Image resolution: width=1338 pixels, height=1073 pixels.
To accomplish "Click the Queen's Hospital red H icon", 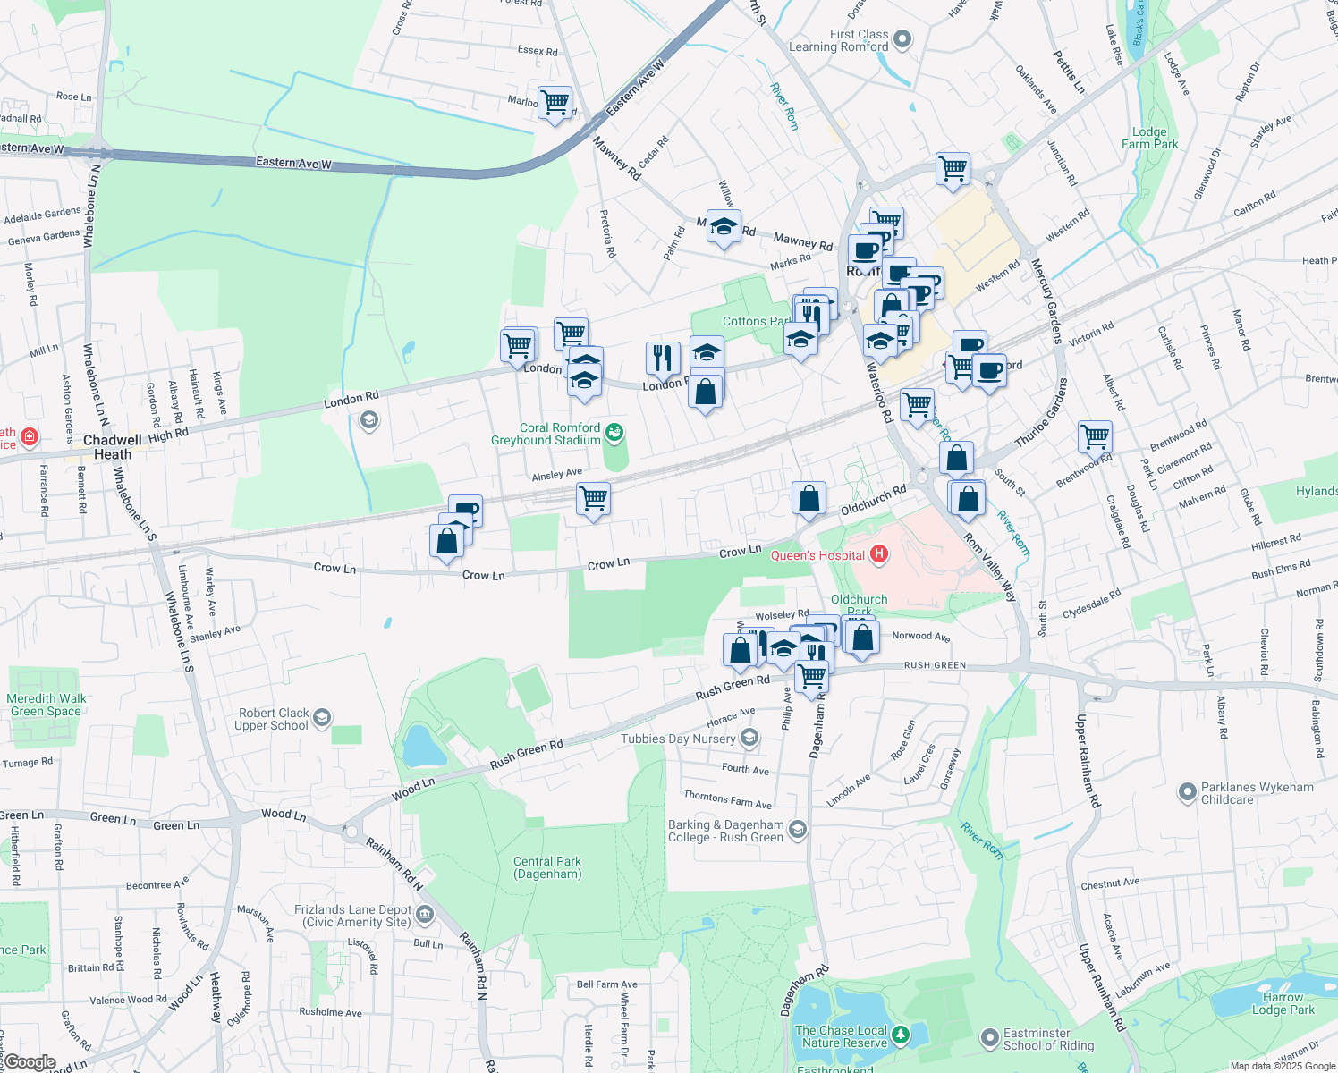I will pyautogui.click(x=879, y=554).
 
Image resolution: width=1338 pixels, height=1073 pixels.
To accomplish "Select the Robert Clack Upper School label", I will pyautogui.click(x=273, y=719).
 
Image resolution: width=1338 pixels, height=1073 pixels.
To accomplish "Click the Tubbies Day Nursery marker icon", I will pyautogui.click(x=749, y=738).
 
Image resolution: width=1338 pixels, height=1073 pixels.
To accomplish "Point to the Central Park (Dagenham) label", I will pyautogui.click(x=547, y=867).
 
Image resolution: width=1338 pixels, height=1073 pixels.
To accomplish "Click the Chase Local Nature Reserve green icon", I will pyautogui.click(x=901, y=1035).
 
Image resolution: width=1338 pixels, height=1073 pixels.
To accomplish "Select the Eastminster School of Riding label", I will pyautogui.click(x=1048, y=1039).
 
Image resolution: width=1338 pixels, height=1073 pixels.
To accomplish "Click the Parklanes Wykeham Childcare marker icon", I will pyautogui.click(x=1187, y=791).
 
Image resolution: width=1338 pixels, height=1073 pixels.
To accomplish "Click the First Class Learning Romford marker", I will pyautogui.click(x=902, y=38).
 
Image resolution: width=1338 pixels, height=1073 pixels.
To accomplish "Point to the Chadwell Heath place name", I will pyautogui.click(x=113, y=447).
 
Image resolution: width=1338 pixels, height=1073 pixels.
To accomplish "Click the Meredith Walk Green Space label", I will pyautogui.click(x=47, y=705).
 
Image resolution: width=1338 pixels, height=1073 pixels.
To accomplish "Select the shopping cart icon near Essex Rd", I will pyautogui.click(x=555, y=102).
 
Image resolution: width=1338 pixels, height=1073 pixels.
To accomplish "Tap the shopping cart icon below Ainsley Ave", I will pyautogui.click(x=594, y=498).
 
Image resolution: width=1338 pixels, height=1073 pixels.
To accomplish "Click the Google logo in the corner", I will pyautogui.click(x=30, y=1062).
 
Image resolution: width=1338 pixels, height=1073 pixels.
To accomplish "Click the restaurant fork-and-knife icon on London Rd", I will pyautogui.click(x=663, y=358).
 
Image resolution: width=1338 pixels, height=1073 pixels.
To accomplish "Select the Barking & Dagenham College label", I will pyautogui.click(x=726, y=831).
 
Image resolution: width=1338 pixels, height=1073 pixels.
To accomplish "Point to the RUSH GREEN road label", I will pyautogui.click(x=935, y=665).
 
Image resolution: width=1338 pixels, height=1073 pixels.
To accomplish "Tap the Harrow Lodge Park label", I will pyautogui.click(x=1283, y=1003).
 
